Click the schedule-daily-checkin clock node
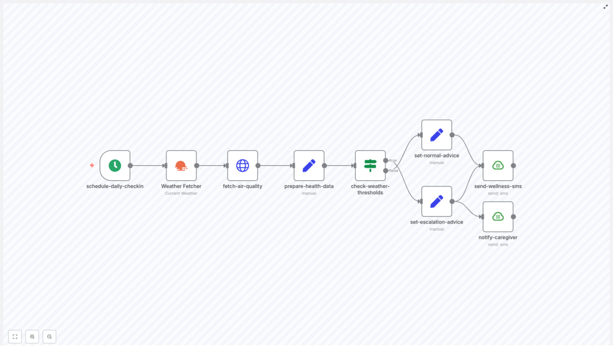coord(115,166)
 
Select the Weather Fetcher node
coord(181,166)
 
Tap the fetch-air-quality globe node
coord(242,166)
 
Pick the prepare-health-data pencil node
coord(309,166)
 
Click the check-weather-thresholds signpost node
coord(370,166)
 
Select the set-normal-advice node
coord(436,135)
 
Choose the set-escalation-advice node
coord(436,201)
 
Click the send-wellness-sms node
coord(498,166)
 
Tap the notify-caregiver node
coord(498,217)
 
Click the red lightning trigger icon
coord(92,165)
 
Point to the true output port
coord(386,160)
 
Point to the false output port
coord(386,171)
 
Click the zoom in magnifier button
coord(32,337)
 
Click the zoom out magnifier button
coord(49,337)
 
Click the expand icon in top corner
coord(605,7)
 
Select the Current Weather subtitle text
coord(181,193)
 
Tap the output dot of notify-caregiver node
coord(514,217)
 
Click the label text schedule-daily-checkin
coord(115,186)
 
